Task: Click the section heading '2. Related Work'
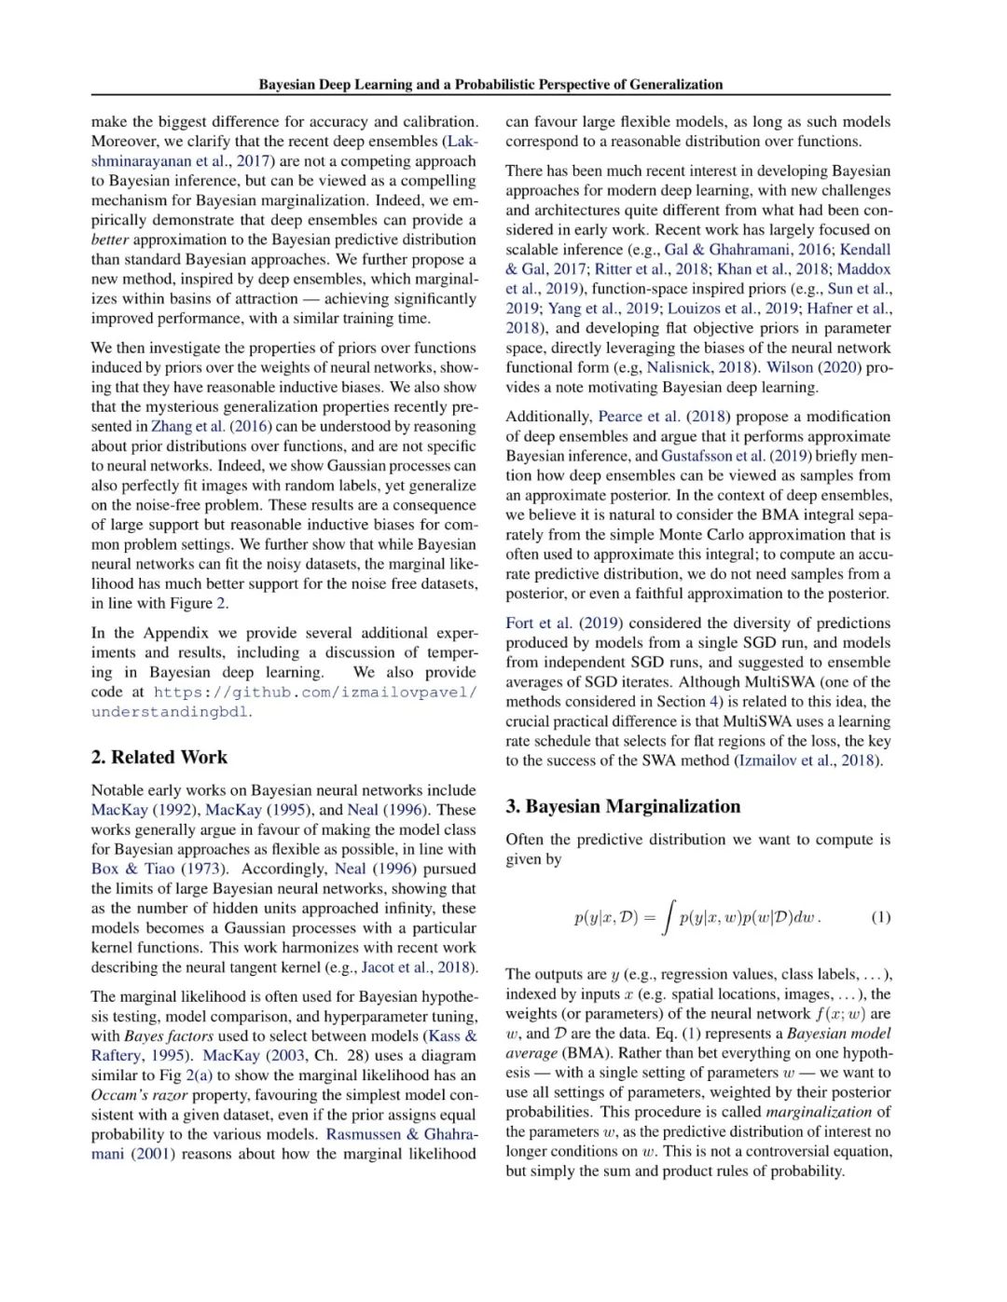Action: point(159,758)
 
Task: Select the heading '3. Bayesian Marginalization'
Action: point(623,807)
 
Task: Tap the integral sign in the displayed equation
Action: point(667,917)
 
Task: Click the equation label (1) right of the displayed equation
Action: point(880,917)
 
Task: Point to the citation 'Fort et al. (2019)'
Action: point(564,623)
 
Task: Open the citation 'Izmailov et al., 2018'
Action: point(807,761)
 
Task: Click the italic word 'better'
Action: point(110,240)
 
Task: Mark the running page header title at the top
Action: point(490,85)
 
